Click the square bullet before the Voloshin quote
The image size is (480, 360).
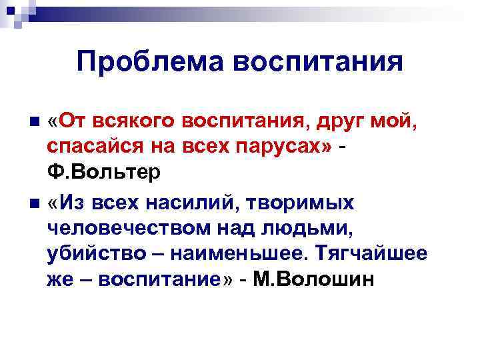tap(35, 203)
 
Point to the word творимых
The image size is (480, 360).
tap(305, 203)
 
